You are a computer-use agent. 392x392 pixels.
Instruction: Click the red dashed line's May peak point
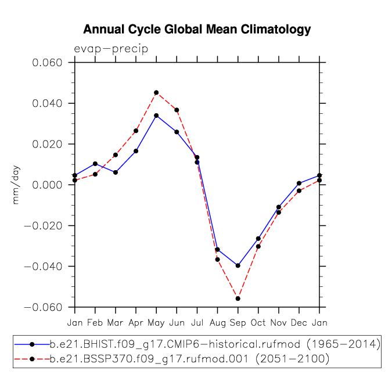point(156,93)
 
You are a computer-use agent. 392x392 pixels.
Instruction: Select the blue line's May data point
point(156,116)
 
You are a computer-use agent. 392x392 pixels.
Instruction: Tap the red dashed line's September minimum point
point(238,299)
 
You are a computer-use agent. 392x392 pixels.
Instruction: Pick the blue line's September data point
point(238,265)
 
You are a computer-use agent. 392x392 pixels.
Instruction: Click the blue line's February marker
point(95,164)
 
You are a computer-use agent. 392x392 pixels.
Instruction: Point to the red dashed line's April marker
point(136,131)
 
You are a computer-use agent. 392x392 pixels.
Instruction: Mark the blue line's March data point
point(116,172)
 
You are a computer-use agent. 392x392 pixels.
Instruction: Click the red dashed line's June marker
point(177,110)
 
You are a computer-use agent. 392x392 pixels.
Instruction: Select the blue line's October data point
point(258,239)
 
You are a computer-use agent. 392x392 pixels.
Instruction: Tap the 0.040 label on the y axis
point(47,103)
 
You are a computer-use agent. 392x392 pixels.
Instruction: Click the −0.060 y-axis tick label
point(43,307)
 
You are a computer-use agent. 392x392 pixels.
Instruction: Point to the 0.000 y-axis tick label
point(47,185)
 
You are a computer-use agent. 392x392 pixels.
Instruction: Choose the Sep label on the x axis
point(238,323)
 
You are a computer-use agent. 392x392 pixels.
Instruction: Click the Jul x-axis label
point(197,322)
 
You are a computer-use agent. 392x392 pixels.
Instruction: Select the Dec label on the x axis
point(299,322)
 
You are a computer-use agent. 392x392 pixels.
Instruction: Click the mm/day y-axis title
point(16,185)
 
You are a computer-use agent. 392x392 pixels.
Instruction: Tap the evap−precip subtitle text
point(111,49)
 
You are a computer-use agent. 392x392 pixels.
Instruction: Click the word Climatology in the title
point(276,30)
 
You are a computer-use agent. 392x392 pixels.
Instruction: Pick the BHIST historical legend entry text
point(215,344)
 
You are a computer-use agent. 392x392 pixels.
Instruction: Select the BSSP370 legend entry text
point(189,359)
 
